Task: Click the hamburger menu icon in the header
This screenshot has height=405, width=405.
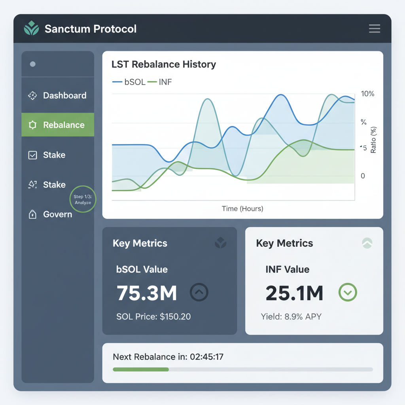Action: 374,28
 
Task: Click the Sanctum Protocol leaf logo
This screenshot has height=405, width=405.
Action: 32,28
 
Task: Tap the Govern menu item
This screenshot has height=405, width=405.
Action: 58,214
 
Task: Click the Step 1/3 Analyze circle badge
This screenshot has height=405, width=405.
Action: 83,199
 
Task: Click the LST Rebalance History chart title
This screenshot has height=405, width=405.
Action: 164,64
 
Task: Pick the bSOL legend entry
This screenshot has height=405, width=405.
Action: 129,82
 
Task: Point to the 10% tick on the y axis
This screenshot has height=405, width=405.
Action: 367,94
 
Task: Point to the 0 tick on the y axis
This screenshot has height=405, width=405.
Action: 363,176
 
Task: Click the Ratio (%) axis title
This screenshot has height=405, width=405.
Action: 374,140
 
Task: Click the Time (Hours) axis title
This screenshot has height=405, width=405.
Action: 242,208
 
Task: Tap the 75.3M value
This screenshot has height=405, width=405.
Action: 147,293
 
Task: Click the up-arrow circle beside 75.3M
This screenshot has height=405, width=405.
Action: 199,292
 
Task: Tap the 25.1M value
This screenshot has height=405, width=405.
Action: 294,293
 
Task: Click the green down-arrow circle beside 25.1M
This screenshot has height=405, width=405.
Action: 348,293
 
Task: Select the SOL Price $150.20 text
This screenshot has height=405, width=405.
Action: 153,316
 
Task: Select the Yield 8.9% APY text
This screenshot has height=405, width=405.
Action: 291,316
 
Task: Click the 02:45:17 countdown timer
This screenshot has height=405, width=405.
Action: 206,357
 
